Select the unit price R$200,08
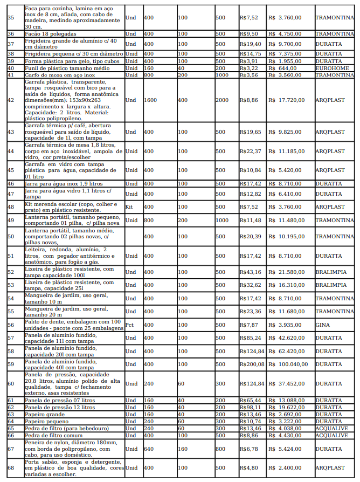pyautogui.click(x=252, y=364)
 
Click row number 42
pyautogui.click(x=11, y=100)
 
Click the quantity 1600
pyautogui.click(x=150, y=100)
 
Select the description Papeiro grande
pyautogui.click(x=45, y=415)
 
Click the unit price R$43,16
pyautogui.click(x=250, y=272)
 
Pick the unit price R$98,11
pyautogui.click(x=250, y=408)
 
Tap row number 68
pyautogui.click(x=11, y=467)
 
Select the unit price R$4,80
pyautogui.click(x=248, y=467)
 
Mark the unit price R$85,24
pyautogui.click(x=250, y=338)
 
